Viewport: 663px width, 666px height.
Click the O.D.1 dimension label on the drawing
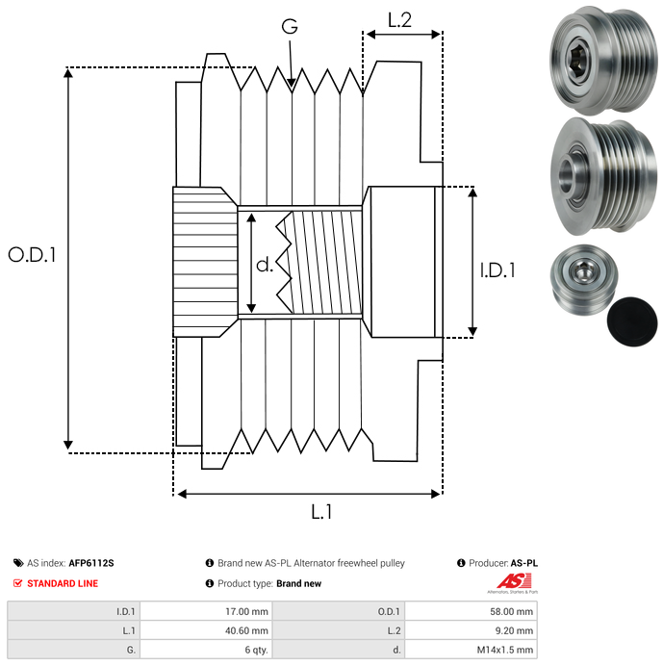click(x=33, y=255)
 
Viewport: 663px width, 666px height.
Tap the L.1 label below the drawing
click(x=321, y=512)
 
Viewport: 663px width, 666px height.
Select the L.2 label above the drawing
click(x=399, y=19)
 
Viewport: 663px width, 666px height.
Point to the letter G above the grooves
click(x=289, y=27)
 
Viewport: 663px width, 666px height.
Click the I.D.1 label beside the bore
click(x=497, y=271)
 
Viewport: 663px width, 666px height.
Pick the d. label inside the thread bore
click(x=265, y=264)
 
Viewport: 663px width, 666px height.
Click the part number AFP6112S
click(x=97, y=563)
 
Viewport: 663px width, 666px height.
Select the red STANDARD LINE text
click(x=63, y=583)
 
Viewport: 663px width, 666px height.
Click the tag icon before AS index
click(x=18, y=563)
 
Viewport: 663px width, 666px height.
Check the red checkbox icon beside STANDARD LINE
click(x=18, y=583)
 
